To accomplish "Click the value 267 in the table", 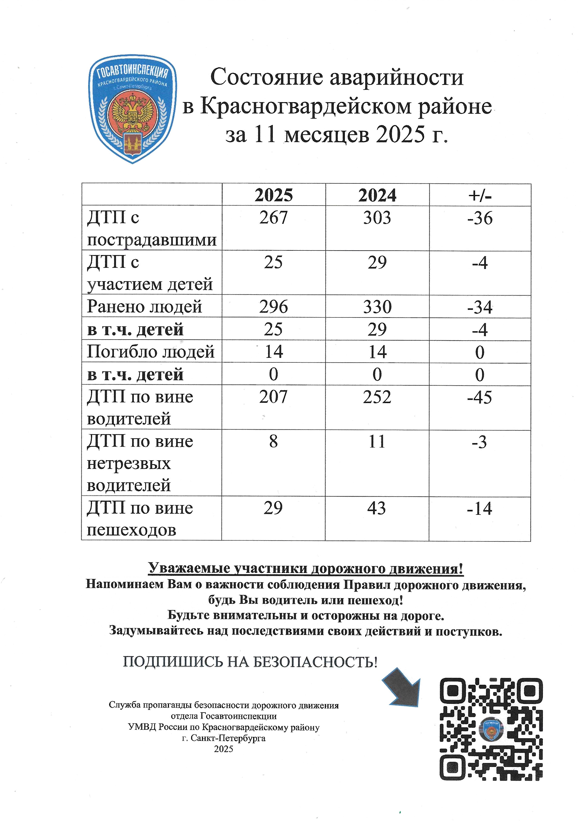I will (273, 217).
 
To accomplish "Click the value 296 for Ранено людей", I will (273, 306).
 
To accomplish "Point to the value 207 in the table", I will (273, 397).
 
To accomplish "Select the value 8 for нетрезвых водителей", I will (273, 441).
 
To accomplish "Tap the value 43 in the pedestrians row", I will (376, 508).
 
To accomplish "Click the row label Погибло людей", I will (151, 352).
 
